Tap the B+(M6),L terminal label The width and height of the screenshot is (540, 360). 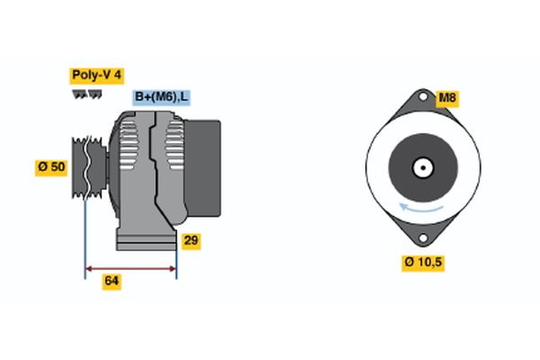tap(163, 97)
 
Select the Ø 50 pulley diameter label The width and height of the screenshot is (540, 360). tap(51, 166)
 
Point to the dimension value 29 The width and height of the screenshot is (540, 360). tap(191, 240)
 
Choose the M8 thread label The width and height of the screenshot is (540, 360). tap(446, 98)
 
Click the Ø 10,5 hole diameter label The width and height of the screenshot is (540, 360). tap(423, 263)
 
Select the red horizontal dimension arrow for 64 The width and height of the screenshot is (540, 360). tap(130, 268)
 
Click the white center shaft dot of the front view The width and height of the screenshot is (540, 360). tap(421, 167)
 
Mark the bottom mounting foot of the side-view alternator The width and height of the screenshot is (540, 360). tap(144, 240)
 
